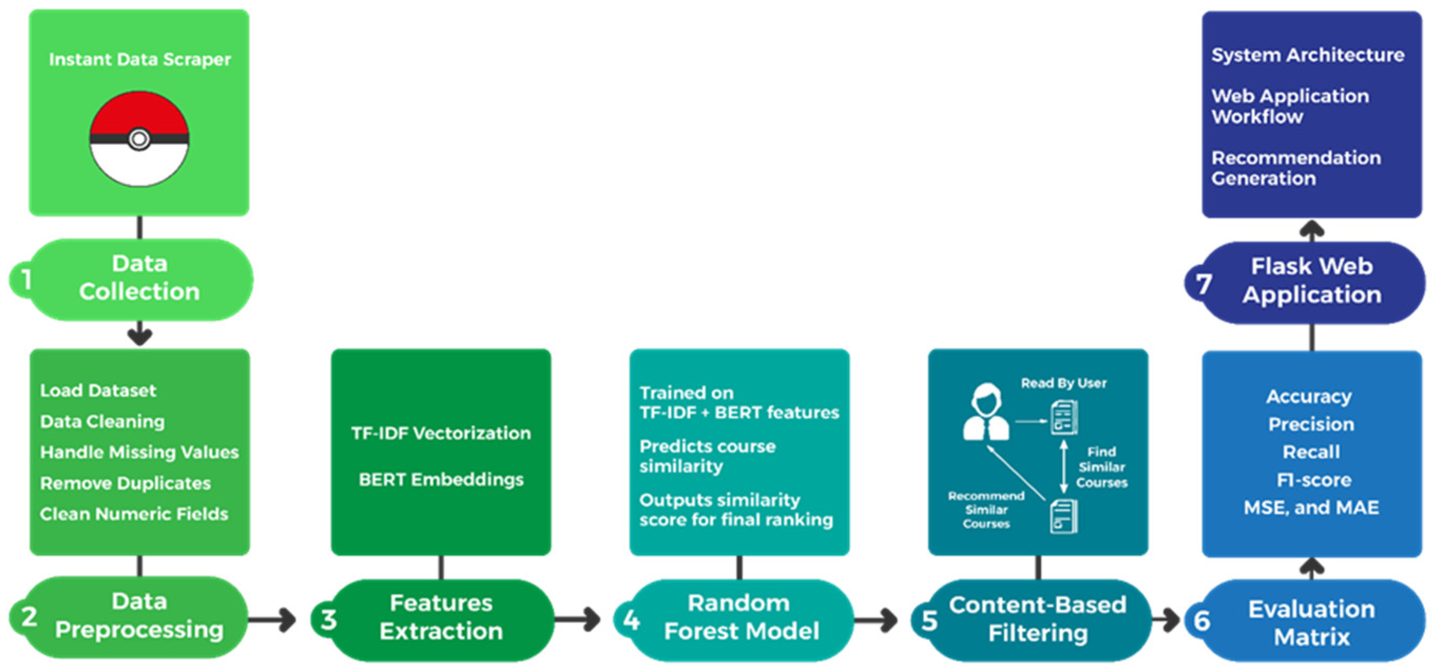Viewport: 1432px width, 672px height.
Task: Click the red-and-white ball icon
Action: [139, 139]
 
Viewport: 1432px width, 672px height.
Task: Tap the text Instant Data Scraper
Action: [140, 60]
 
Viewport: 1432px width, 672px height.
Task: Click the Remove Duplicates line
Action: [125, 483]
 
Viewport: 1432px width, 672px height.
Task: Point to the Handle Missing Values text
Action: [139, 452]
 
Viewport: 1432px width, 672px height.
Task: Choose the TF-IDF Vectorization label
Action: [441, 433]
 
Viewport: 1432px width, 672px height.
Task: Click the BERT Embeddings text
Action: [441, 479]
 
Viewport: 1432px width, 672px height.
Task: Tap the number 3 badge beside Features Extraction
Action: [328, 619]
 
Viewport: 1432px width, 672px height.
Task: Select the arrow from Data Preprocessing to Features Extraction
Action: [273, 619]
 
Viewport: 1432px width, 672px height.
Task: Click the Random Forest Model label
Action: [740, 617]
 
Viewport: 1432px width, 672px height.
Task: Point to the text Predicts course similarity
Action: [707, 456]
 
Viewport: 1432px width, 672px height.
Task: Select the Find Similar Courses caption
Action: [1101, 467]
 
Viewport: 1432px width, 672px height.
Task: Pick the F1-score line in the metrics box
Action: [1313, 479]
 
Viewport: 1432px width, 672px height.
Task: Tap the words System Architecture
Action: [1308, 55]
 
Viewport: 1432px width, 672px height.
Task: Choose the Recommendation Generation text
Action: [1295, 168]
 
